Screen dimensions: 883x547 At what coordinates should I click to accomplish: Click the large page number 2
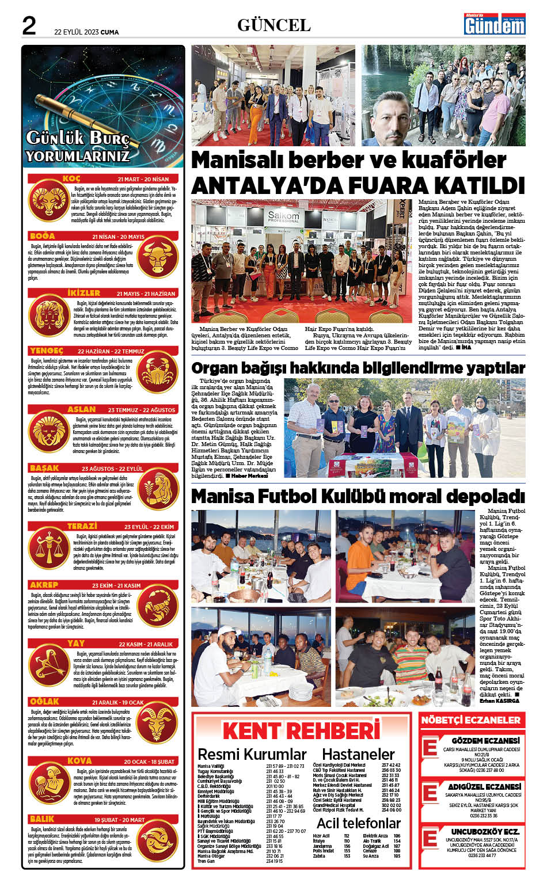pos(29,26)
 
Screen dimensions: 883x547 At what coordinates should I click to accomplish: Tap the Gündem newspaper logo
pos(495,24)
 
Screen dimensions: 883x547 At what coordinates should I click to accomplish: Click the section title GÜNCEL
pos(273,25)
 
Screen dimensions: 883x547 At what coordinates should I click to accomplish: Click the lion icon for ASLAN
pos(48,433)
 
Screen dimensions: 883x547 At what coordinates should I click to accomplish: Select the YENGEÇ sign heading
pos(47,351)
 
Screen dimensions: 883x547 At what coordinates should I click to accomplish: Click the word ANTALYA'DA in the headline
pos(275,185)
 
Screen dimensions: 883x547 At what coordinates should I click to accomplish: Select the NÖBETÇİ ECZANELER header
pos(470,720)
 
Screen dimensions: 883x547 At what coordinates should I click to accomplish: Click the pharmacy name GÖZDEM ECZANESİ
pos(485,740)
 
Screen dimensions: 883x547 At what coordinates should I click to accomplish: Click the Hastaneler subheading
pos(358,753)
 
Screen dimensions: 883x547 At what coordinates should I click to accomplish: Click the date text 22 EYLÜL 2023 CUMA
pos(86,32)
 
